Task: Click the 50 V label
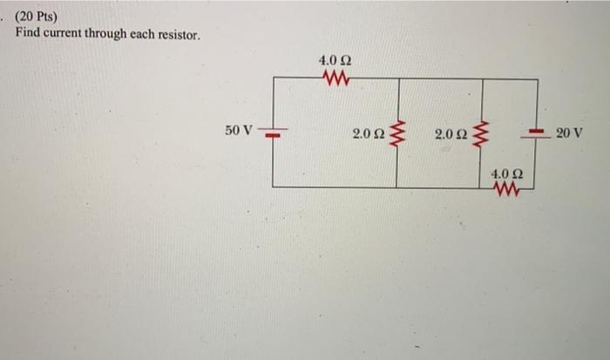click(238, 131)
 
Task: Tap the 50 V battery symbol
click(272, 134)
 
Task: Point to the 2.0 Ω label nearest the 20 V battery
click(451, 134)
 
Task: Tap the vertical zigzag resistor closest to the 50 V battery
click(398, 135)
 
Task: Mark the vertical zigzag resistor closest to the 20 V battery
click(480, 135)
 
